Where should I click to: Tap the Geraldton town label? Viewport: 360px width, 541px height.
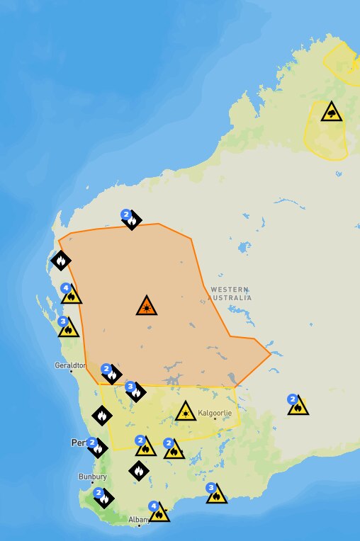click(69, 366)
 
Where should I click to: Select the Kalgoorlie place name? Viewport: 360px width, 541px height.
click(215, 412)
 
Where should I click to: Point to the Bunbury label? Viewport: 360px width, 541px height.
click(92, 477)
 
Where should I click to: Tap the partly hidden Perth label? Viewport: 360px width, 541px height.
click(79, 443)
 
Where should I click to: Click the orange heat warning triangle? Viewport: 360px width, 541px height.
click(146, 306)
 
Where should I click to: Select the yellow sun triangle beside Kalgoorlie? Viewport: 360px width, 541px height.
click(186, 411)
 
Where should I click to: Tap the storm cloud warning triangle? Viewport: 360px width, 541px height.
click(331, 112)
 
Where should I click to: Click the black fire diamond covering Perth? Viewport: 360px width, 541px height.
click(98, 448)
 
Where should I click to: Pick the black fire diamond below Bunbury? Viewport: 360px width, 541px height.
click(104, 499)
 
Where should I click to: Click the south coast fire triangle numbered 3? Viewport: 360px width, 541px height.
click(217, 494)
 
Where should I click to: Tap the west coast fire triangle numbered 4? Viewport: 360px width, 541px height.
click(72, 295)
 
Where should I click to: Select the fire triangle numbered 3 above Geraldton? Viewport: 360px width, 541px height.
click(69, 328)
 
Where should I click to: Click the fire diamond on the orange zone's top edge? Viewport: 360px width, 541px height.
click(132, 220)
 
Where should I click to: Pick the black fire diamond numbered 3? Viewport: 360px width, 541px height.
click(136, 392)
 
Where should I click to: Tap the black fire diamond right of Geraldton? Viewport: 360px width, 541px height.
click(111, 374)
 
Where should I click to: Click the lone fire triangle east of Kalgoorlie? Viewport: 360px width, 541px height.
click(298, 406)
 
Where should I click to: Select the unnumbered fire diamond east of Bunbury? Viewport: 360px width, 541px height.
click(139, 469)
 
